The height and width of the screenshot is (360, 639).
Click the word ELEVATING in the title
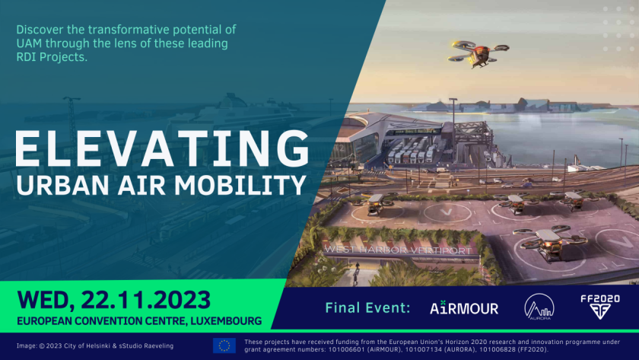[162, 148]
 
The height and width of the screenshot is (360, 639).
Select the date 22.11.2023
[145, 300]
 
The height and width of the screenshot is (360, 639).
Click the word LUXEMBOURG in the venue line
[226, 321]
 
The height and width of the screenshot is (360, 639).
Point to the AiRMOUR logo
[464, 307]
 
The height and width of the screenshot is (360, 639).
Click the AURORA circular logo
[539, 307]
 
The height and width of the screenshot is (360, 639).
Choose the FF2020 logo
[600, 307]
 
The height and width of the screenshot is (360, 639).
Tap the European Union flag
[224, 346]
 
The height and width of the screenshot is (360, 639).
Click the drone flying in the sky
[478, 53]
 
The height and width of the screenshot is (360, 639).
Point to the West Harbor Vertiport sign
[398, 250]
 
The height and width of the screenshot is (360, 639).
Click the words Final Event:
[367, 307]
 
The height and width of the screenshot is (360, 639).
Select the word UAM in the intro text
[30, 43]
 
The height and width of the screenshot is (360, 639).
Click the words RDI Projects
[52, 57]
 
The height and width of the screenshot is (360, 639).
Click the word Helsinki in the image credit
[97, 346]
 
